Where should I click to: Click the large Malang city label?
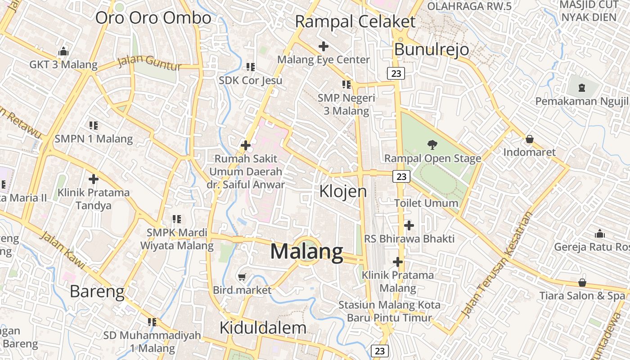click(x=306, y=251)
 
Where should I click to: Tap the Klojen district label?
click(x=343, y=191)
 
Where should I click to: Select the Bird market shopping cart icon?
click(x=242, y=277)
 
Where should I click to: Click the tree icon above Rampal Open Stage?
click(x=432, y=145)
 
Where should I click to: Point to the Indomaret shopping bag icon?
click(x=530, y=139)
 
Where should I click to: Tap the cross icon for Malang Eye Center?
click(x=323, y=46)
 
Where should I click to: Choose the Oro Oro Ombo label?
click(x=153, y=18)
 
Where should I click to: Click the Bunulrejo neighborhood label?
click(x=432, y=49)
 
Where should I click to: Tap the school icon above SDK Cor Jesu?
click(x=251, y=67)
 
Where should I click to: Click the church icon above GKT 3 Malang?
click(x=63, y=51)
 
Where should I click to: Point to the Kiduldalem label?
click(x=263, y=328)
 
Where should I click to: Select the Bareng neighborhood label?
click(x=97, y=292)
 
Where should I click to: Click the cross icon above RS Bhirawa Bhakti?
click(x=409, y=225)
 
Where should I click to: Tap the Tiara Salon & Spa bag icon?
click(x=582, y=283)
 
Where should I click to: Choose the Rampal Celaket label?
click(x=355, y=22)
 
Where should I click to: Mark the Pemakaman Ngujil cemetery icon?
click(x=582, y=87)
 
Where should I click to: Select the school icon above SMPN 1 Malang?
click(x=94, y=125)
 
